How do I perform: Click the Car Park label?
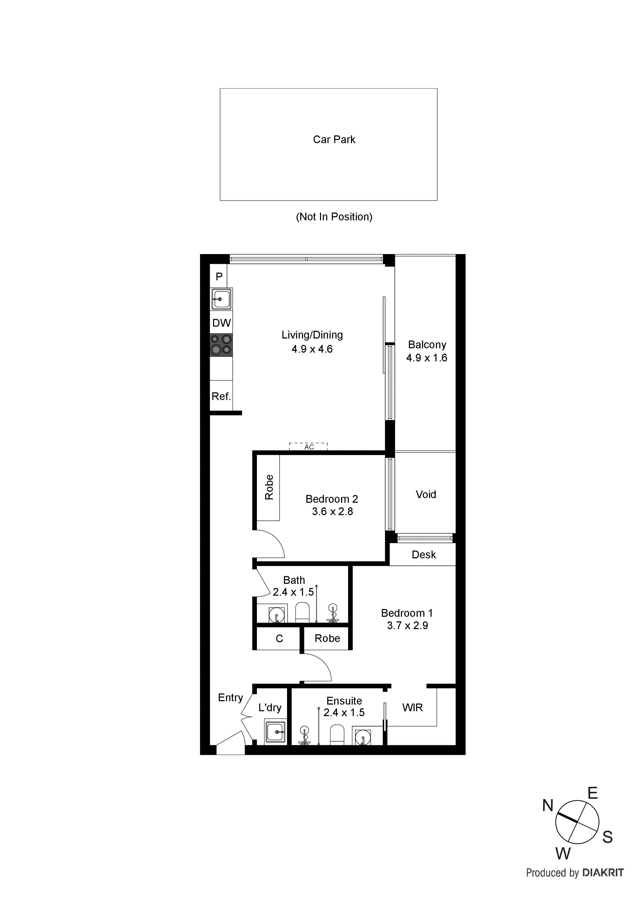click(334, 140)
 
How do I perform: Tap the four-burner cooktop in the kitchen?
click(221, 345)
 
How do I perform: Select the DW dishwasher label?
click(221, 323)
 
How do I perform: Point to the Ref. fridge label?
click(221, 396)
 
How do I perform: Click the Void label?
click(426, 494)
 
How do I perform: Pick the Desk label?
click(424, 554)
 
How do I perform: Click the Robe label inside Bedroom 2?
click(269, 487)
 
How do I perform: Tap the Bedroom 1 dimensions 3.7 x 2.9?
click(407, 625)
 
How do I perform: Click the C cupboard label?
click(279, 638)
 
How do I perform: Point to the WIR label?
click(412, 708)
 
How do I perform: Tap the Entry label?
click(230, 697)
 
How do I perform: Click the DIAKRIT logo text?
click(602, 873)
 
